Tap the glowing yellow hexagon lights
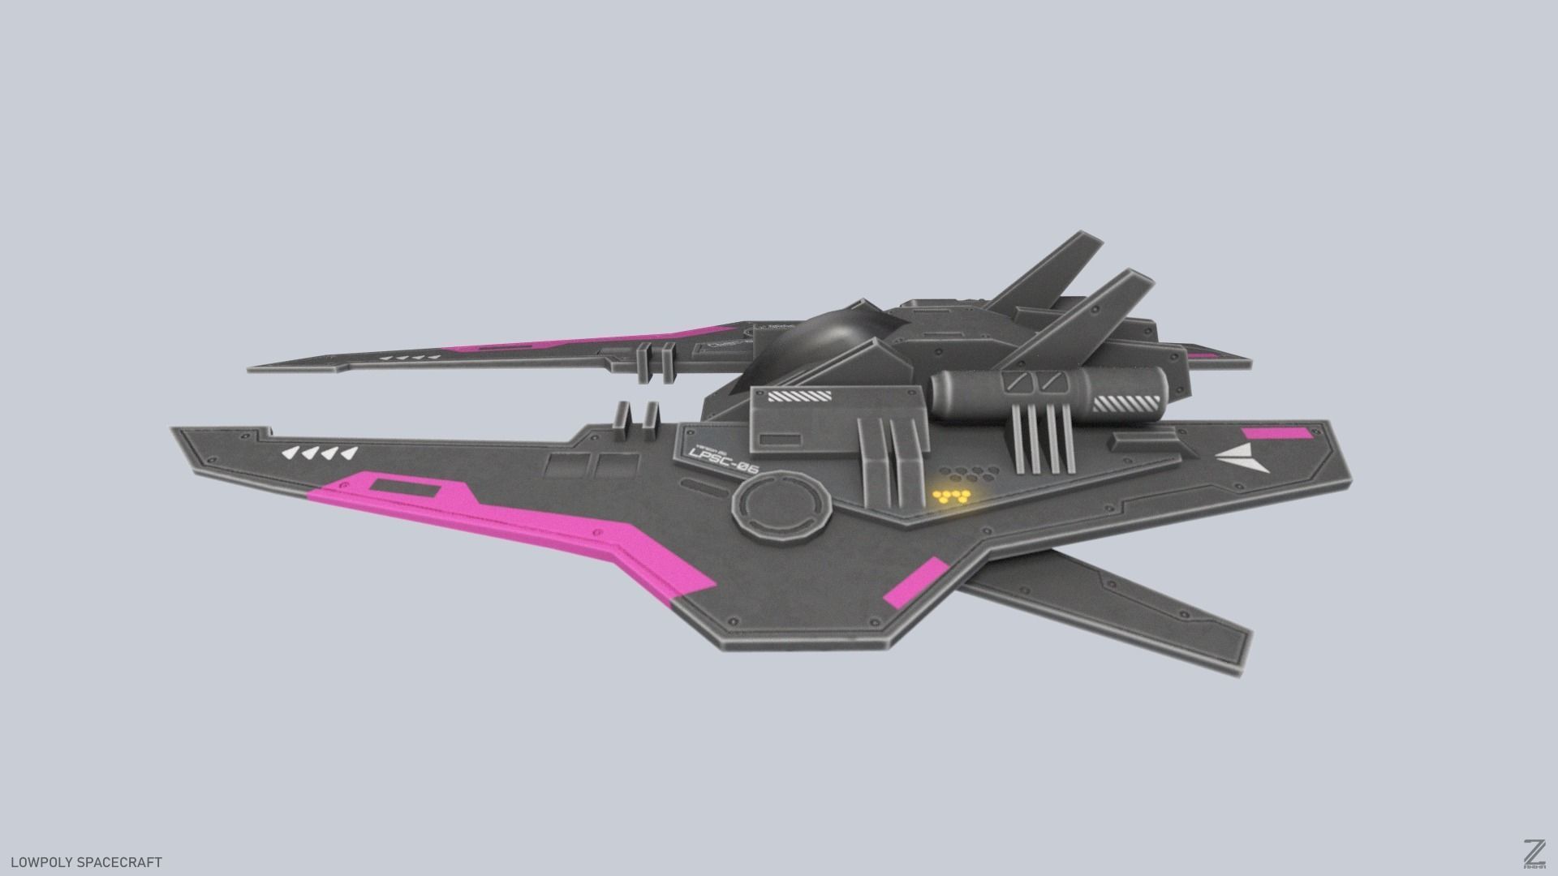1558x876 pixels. tap(951, 496)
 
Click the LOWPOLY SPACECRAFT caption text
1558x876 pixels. tap(86, 862)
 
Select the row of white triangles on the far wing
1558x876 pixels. tap(410, 357)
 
